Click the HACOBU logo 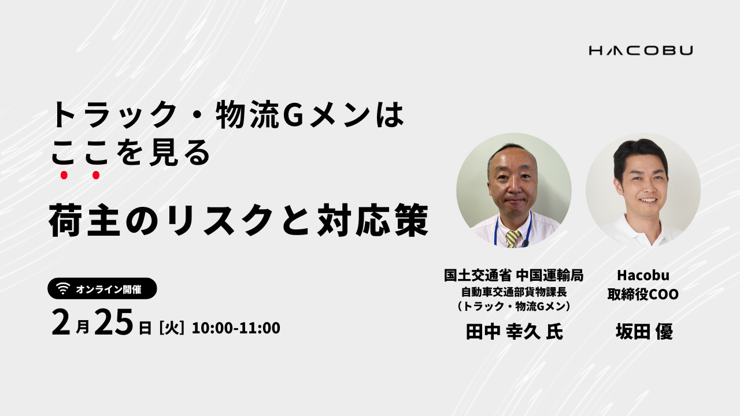(641, 50)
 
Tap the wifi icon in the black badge (63, 288)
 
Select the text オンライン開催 (109, 289)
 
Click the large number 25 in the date (113, 322)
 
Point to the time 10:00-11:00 (236, 328)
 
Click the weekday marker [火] (172, 328)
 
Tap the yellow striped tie (513, 239)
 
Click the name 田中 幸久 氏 (515, 332)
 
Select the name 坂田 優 (644, 331)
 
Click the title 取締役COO (643, 294)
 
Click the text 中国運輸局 (550, 275)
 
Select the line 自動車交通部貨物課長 (514, 292)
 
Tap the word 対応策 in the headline (373, 220)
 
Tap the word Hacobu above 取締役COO (643, 275)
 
